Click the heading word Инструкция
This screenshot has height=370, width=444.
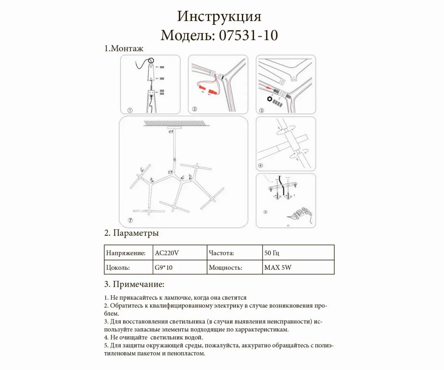(219, 17)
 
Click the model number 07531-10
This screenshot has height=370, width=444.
(248, 36)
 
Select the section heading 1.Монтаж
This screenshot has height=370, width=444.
(124, 48)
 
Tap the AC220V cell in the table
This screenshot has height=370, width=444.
(167, 253)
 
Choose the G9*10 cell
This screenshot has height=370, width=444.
(164, 268)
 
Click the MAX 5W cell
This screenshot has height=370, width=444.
(277, 268)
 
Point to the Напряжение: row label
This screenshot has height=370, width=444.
(125, 253)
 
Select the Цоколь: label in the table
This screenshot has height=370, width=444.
(118, 268)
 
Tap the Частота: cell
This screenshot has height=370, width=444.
(221, 253)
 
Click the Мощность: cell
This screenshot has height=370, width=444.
(225, 268)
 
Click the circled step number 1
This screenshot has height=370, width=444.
(130, 110)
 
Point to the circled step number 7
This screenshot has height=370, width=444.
(130, 220)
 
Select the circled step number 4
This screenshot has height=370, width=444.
(261, 165)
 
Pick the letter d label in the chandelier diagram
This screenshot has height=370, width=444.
(169, 172)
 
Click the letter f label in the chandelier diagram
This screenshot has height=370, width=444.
(141, 170)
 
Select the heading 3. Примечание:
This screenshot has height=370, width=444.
(134, 285)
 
